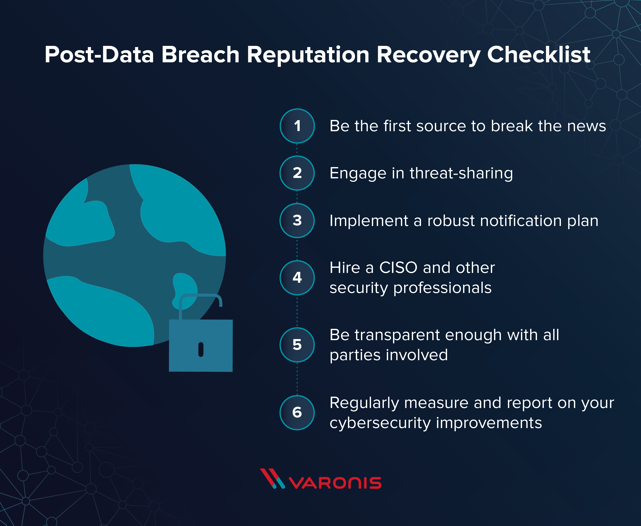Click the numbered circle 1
297,126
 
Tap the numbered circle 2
297,173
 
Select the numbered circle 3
297,220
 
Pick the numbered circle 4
297,278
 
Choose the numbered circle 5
297,345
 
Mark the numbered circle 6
297,412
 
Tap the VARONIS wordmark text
335,483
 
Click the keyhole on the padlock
201,349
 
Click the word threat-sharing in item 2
461,173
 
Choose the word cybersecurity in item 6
380,423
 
